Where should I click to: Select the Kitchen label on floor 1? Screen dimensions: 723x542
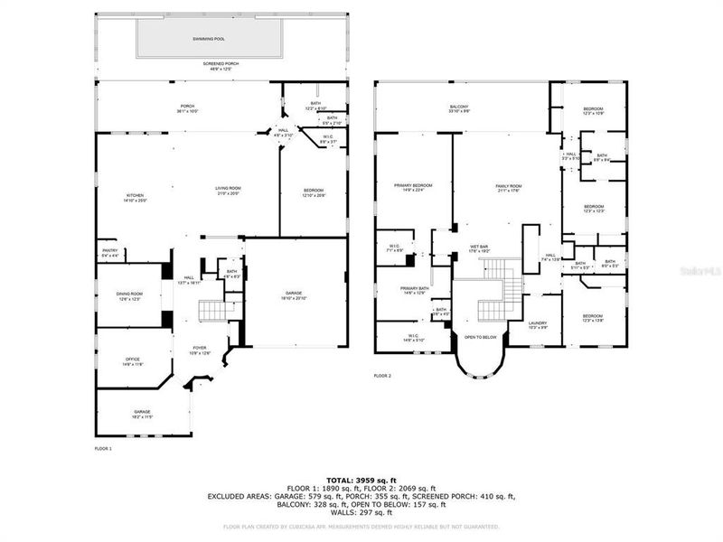pyautogui.click(x=135, y=196)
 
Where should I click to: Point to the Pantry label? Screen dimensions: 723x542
pyautogui.click(x=109, y=252)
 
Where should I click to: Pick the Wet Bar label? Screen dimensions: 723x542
pyautogui.click(x=478, y=247)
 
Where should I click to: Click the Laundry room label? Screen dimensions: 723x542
pyautogui.click(x=538, y=324)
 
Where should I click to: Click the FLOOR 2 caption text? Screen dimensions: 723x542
pyautogui.click(x=382, y=376)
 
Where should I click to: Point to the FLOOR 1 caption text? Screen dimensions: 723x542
pyautogui.click(x=103, y=448)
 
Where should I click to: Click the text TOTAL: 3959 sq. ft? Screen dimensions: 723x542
pyautogui.click(x=361, y=480)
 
